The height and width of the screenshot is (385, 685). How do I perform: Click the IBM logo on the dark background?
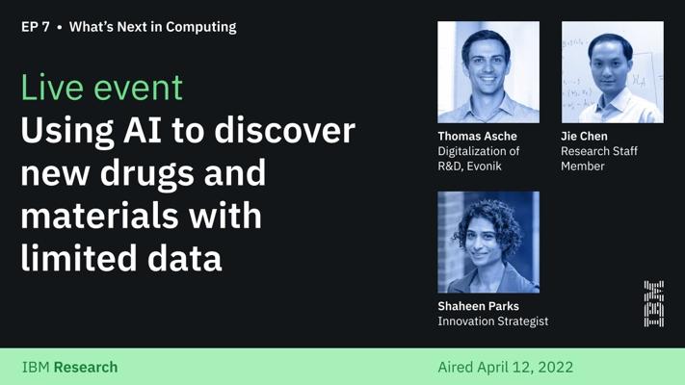click(653, 304)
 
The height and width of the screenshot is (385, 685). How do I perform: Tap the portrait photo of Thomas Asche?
click(488, 72)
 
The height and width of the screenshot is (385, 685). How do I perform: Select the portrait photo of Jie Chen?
click(613, 72)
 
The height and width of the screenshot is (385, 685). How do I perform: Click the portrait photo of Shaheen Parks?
click(488, 242)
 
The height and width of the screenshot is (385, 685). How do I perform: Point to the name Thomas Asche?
click(477, 136)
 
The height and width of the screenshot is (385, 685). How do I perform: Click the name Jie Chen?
click(584, 136)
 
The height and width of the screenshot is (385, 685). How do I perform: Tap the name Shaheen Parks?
click(479, 306)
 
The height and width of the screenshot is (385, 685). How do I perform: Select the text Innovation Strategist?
click(492, 321)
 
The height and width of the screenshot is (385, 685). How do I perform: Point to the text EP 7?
click(36, 27)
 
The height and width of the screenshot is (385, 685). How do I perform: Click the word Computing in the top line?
click(201, 28)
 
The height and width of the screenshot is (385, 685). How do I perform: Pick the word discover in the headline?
click(284, 130)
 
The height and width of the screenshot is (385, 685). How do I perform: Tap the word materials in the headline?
click(99, 216)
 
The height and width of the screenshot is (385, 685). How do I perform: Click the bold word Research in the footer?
click(86, 368)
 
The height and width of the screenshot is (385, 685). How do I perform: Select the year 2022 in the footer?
click(556, 367)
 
